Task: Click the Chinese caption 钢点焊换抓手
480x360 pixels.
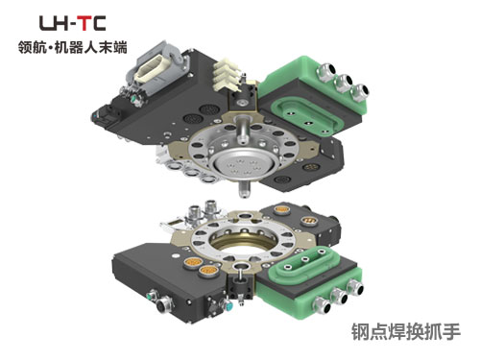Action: pos(406,332)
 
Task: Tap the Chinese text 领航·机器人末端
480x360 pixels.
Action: pos(73,48)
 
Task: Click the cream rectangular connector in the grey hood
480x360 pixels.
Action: pos(154,68)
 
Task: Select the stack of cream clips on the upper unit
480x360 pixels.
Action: pos(226,75)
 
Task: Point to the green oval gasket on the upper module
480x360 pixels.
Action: pos(306,117)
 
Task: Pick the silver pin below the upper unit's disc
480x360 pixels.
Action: pos(245,189)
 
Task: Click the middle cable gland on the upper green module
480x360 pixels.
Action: pos(343,83)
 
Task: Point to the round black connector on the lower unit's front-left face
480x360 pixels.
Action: pos(163,306)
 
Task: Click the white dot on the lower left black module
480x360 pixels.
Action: pos(175,256)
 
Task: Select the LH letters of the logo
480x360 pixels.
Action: pos(54,23)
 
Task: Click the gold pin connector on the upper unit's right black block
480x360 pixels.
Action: pos(310,167)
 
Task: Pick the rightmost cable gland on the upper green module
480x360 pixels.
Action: pos(359,92)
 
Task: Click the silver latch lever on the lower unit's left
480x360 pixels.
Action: pos(175,225)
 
